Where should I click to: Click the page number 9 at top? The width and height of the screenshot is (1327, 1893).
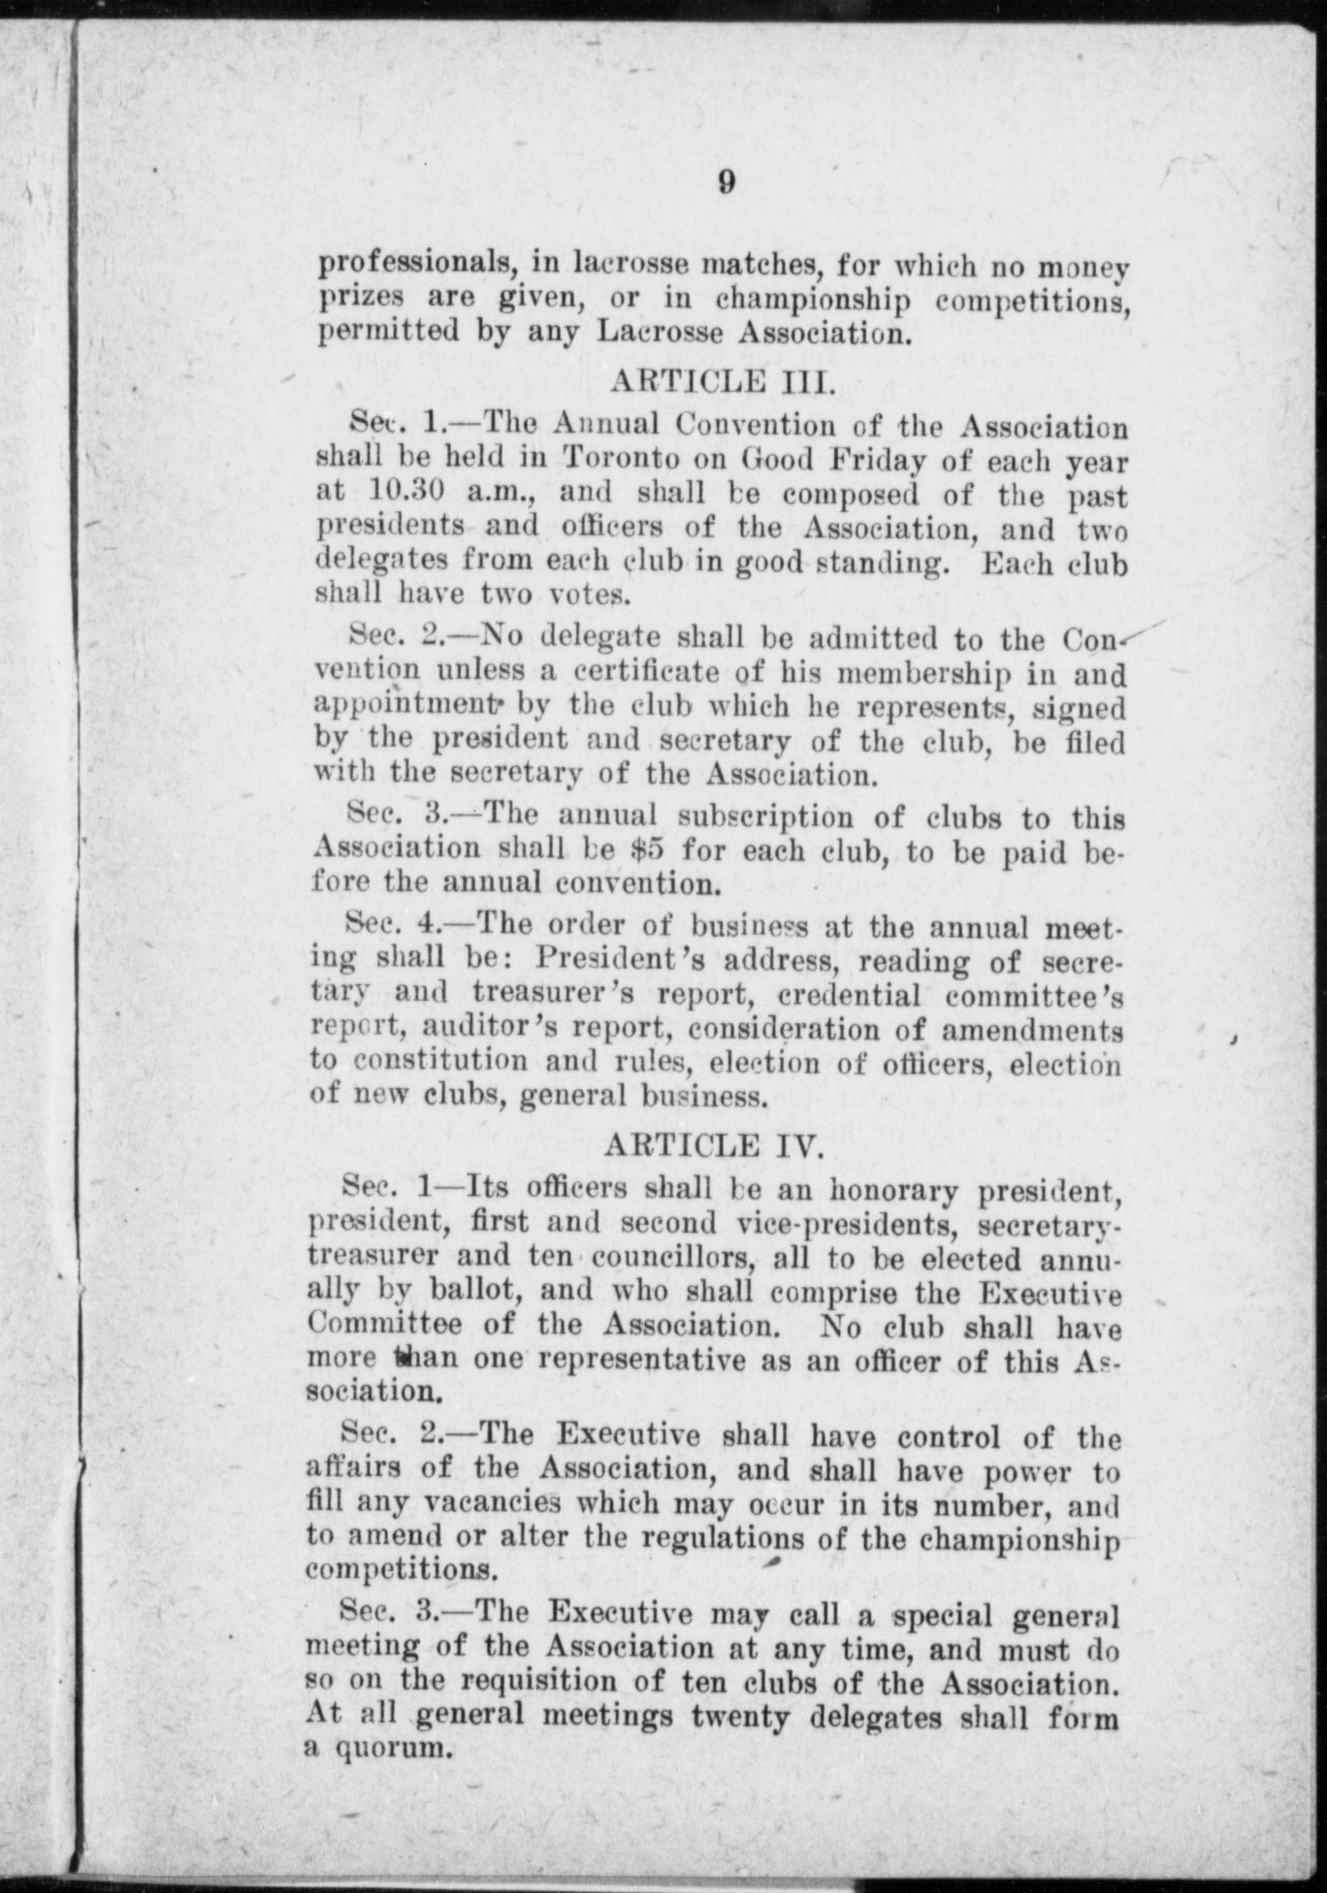[x=727, y=182]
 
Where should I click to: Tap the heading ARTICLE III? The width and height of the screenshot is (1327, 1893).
[x=722, y=380]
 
